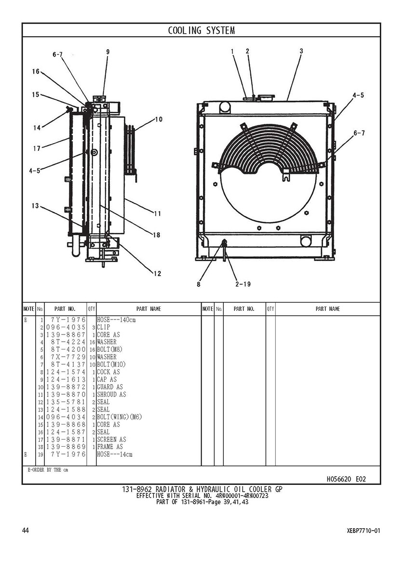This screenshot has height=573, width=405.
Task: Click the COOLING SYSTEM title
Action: [x=201, y=31]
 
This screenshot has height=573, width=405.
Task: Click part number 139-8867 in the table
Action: [x=67, y=334]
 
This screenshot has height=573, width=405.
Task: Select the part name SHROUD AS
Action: [x=111, y=394]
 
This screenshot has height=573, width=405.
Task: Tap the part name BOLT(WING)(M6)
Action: [x=120, y=417]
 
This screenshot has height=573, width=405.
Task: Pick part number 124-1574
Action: [x=67, y=372]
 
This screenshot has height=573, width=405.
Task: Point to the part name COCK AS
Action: [x=108, y=372]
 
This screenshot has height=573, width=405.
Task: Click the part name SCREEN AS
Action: [x=111, y=440]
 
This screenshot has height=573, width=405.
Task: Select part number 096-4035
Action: [x=67, y=327]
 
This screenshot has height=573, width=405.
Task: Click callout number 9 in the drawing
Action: [x=108, y=52]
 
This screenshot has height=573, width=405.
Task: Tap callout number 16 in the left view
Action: [x=36, y=71]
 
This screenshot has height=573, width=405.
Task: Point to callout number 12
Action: [x=157, y=274]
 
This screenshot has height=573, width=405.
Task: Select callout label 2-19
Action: [x=243, y=284]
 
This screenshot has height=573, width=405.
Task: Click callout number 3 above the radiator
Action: [x=301, y=51]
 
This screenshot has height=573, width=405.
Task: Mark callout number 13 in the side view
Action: [x=35, y=206]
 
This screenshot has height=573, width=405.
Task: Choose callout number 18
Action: [x=156, y=235]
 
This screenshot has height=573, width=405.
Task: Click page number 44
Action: [x=26, y=531]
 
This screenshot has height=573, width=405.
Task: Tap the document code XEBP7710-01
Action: [x=363, y=531]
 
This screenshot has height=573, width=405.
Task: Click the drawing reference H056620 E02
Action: [x=346, y=479]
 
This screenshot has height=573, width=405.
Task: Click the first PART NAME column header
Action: [x=148, y=309]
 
